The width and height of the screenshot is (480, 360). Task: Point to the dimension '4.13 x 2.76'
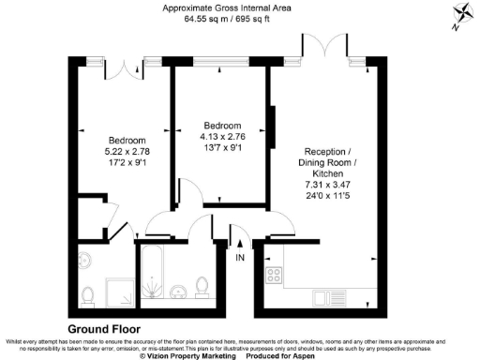(223, 137)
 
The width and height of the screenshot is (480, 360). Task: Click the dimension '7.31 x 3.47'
(327, 186)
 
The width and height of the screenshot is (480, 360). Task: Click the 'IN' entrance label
(240, 257)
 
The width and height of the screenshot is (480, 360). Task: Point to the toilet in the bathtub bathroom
(203, 284)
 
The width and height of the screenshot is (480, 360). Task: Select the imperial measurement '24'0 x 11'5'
(327, 197)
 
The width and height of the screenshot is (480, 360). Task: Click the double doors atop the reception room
(318, 47)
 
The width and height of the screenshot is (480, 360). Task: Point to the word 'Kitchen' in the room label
(327, 174)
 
